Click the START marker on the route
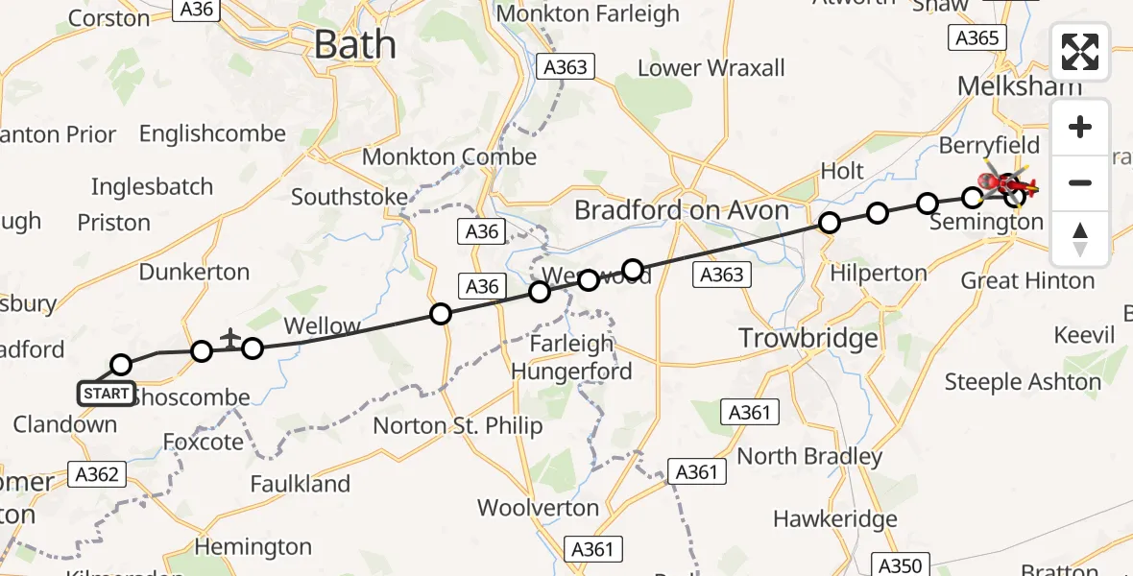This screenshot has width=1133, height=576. point(106,394)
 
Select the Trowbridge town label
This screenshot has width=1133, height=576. point(808,338)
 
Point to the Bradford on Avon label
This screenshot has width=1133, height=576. point(682,210)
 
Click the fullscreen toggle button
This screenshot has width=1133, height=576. point(1080,52)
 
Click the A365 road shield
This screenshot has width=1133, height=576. point(977,38)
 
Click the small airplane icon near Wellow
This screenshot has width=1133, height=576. point(230,337)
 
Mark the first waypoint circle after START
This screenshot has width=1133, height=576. point(121,365)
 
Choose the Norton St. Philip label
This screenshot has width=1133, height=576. point(458,425)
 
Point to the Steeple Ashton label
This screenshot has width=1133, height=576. point(1023,381)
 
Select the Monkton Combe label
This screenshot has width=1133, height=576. point(448,156)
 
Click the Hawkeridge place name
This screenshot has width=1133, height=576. point(834,519)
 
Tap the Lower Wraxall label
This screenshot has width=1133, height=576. point(711,68)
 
